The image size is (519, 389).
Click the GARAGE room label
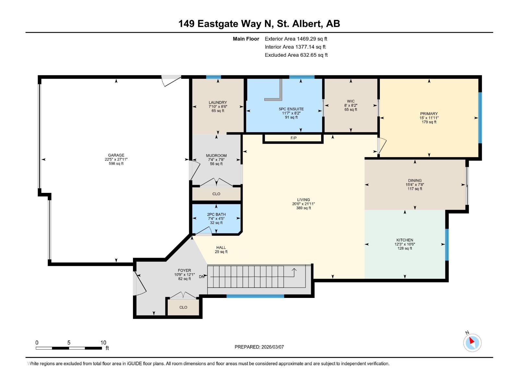tap(116, 155)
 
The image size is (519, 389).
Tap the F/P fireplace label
tap(293, 138)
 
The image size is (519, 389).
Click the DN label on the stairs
tap(202, 277)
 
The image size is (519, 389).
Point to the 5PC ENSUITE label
tap(291, 109)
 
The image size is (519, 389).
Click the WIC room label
tap(351, 101)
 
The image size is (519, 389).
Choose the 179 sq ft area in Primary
tap(429, 122)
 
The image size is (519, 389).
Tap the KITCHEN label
tap(404, 240)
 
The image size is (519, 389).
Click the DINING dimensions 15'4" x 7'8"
tap(415, 185)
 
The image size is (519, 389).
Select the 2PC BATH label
tap(216, 214)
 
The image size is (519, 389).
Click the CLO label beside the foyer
tap(183, 307)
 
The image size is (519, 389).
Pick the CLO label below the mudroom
tap(216, 194)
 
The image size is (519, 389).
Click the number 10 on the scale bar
tap(103, 343)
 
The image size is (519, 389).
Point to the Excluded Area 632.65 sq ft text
tap(296, 55)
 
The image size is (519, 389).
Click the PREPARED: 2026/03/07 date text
tap(259, 347)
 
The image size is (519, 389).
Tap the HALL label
tap(221, 247)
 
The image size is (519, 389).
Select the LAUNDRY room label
tap(218, 102)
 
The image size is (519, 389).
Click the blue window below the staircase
tap(255, 296)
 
